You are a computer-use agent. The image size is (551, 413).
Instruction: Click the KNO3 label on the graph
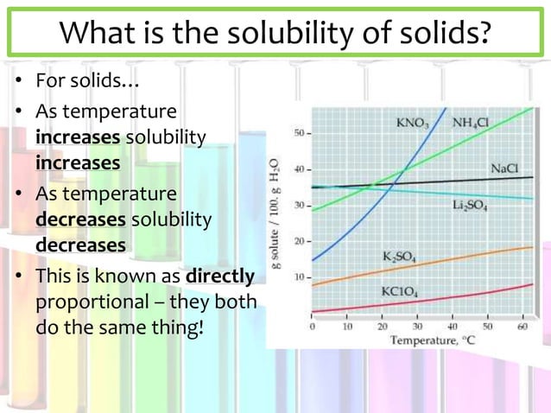coord(412,124)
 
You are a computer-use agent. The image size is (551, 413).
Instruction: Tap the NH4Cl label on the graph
coord(471,124)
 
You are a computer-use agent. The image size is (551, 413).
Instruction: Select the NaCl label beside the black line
coord(504,168)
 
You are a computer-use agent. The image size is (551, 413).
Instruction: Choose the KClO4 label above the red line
coord(401,291)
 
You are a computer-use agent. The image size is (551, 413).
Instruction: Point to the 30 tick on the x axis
coord(417,327)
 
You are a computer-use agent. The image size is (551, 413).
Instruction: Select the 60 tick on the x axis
coord(523,327)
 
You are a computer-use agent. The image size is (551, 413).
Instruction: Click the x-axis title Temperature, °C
coord(425,340)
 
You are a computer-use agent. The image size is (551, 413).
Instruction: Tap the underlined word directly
coord(220,276)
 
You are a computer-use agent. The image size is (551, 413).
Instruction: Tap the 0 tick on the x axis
coord(312,327)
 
